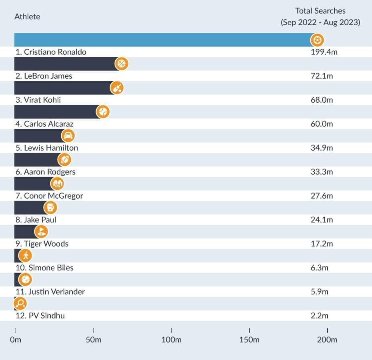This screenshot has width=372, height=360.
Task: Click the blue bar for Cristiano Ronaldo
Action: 160,40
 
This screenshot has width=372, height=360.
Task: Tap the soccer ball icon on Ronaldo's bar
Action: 317,40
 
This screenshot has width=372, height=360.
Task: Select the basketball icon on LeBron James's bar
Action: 122,64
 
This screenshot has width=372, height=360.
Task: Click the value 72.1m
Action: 322,76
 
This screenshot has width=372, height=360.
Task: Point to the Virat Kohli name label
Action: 38,100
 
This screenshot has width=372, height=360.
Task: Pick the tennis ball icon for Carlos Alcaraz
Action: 103,112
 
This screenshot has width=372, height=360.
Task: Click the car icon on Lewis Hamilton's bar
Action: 68,136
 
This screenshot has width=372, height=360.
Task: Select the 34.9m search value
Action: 322,148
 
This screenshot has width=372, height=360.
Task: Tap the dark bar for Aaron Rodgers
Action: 36,160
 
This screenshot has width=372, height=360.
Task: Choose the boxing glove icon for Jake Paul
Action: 50,208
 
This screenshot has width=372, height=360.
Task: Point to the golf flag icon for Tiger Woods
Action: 41,232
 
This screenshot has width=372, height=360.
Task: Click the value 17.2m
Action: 322,244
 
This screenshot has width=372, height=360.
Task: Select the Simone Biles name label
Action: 44,268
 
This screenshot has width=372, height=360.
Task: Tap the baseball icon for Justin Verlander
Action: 25,279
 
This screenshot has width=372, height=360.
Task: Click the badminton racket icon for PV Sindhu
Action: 20,304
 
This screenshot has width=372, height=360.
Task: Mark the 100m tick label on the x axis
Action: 171,340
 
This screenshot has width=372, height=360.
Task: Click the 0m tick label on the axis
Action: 16,340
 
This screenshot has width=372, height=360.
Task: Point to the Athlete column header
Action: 27,17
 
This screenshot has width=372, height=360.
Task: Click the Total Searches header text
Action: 320,11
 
